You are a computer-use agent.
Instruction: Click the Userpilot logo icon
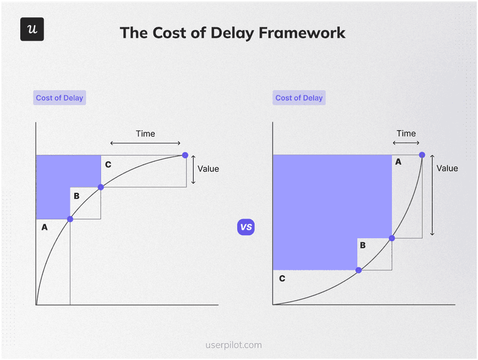pyautogui.click(x=32, y=29)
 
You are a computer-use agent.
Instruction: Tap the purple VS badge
pyautogui.click(x=246, y=227)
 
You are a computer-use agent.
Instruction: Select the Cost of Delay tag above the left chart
pyautogui.click(x=60, y=98)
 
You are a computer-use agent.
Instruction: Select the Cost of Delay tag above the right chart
pyautogui.click(x=299, y=98)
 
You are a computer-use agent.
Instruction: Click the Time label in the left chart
pyautogui.click(x=145, y=134)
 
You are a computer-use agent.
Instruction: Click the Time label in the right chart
pyautogui.click(x=406, y=134)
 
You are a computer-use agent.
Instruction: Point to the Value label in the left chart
pyautogui.click(x=208, y=169)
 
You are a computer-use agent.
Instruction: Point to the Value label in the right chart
pyautogui.click(x=447, y=168)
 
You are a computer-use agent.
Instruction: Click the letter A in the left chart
pyautogui.click(x=44, y=227)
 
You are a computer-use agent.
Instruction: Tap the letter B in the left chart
pyautogui.click(x=76, y=196)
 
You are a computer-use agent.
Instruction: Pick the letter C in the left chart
pyautogui.click(x=108, y=164)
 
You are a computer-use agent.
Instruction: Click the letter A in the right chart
pyautogui.click(x=399, y=162)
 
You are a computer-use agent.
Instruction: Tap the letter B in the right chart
pyautogui.click(x=363, y=245)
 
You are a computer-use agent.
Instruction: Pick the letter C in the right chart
pyautogui.click(x=282, y=278)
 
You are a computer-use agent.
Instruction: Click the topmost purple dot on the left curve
pyautogui.click(x=185, y=155)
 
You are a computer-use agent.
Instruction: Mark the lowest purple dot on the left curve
pyautogui.click(x=70, y=219)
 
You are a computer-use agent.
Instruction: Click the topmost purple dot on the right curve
pyautogui.click(x=422, y=155)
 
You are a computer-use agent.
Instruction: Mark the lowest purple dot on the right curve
pyautogui.click(x=358, y=270)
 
